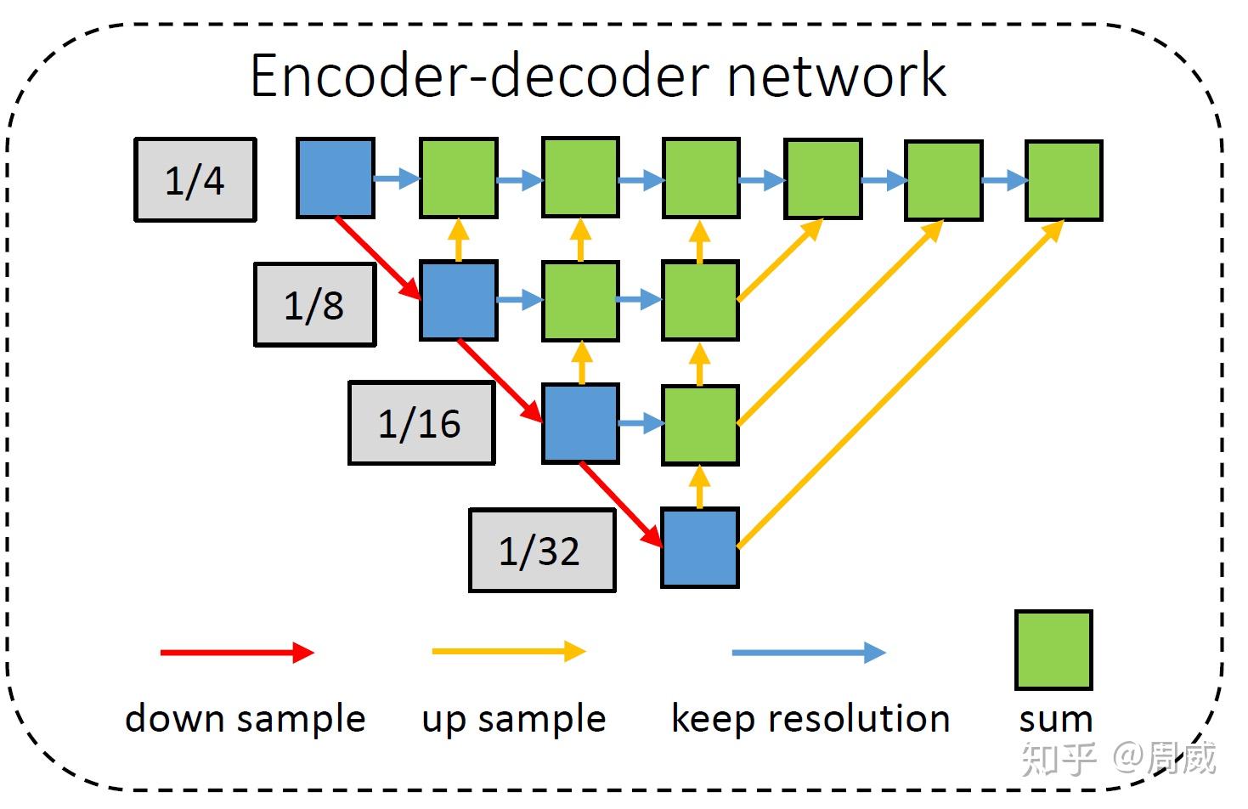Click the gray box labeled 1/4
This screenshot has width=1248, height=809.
[x=195, y=180]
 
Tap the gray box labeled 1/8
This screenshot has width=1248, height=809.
[x=314, y=304]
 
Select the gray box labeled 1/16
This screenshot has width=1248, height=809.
[x=421, y=423]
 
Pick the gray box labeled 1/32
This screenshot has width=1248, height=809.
[x=542, y=551]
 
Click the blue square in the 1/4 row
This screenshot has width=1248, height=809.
[x=336, y=178]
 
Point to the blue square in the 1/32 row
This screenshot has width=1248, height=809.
[x=700, y=548]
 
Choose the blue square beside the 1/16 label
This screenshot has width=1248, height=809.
[x=581, y=423]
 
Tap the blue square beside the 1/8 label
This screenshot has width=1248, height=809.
[x=459, y=301]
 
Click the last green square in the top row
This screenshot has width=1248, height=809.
[x=1064, y=180]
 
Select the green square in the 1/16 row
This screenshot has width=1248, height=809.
[x=700, y=424]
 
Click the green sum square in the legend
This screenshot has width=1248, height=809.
[x=1053, y=649]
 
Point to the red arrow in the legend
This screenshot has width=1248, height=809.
[x=237, y=653]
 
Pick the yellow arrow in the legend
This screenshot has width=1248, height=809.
[x=509, y=652]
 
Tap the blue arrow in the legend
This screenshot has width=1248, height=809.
[x=808, y=653]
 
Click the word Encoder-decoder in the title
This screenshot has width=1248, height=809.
[x=479, y=76]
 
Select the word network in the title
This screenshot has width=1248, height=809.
[x=836, y=76]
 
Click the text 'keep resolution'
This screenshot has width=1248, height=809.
[x=810, y=719]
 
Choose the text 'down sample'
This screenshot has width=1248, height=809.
[x=245, y=719]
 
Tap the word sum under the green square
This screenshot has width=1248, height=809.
[x=1055, y=720]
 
